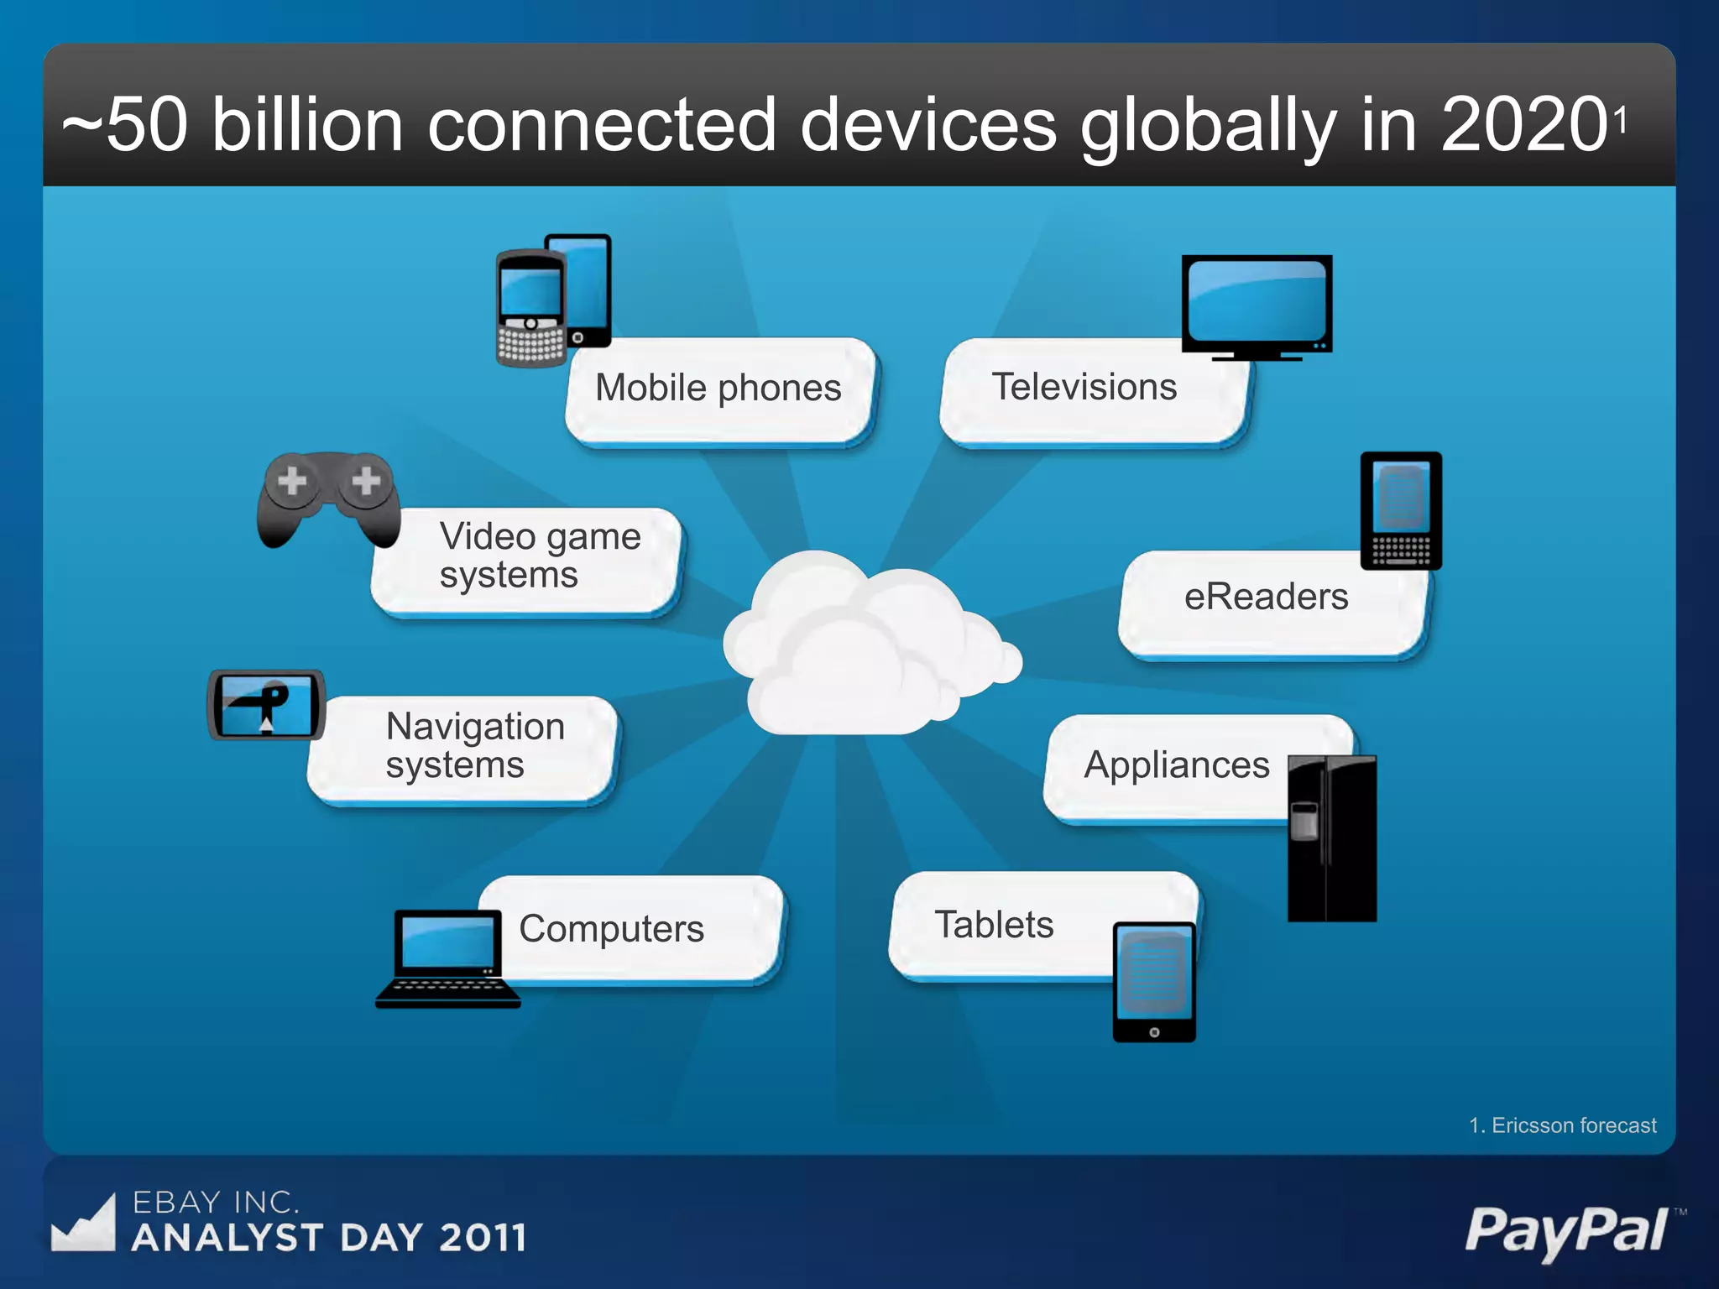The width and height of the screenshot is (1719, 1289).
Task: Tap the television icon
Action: click(x=1257, y=305)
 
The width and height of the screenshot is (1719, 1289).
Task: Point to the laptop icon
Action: click(x=447, y=959)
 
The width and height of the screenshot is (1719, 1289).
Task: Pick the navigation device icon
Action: click(x=266, y=705)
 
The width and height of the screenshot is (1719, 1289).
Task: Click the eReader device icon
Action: click(x=1401, y=511)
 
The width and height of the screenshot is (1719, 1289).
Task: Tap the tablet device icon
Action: click(x=1154, y=982)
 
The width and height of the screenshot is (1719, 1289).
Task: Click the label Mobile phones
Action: click(x=718, y=388)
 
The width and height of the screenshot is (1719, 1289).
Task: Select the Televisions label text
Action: click(x=1084, y=387)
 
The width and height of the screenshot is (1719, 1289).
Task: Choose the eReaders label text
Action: click(x=1266, y=597)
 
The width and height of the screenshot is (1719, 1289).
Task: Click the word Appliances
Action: click(x=1177, y=765)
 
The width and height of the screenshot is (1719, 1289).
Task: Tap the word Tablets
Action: click(x=994, y=925)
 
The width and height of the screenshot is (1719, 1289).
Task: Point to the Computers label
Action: click(x=611, y=929)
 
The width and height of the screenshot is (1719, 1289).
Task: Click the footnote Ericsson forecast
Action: click(x=1563, y=1125)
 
